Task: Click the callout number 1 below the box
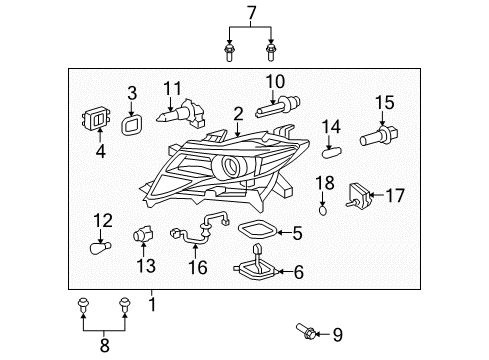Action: [x=153, y=301]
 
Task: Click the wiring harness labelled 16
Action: [x=200, y=233]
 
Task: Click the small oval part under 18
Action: [x=323, y=208]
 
